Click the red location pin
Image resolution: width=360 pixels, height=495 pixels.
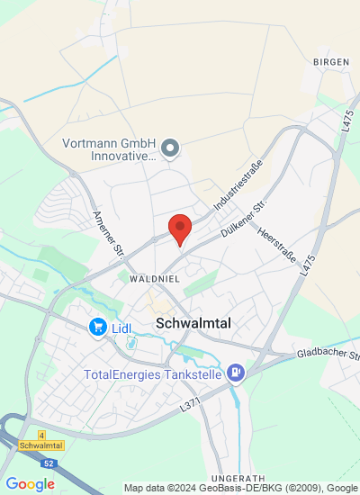click(181, 229)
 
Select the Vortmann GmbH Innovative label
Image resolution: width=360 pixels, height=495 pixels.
click(110, 148)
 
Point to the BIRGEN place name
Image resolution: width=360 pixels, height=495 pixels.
click(330, 61)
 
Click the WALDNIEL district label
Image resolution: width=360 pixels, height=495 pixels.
click(156, 280)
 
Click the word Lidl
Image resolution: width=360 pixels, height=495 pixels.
click(121, 328)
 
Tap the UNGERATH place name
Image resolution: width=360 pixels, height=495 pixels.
click(237, 477)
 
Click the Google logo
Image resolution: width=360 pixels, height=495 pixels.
click(30, 484)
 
